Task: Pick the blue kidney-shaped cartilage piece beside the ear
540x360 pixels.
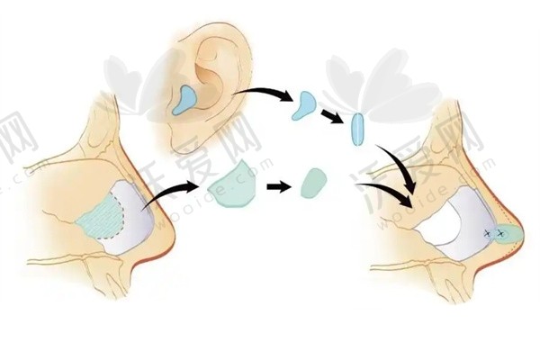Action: coord(302,104)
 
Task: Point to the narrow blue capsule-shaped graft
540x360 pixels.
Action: coord(357,129)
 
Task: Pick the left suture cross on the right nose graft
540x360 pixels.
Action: coord(487,235)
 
